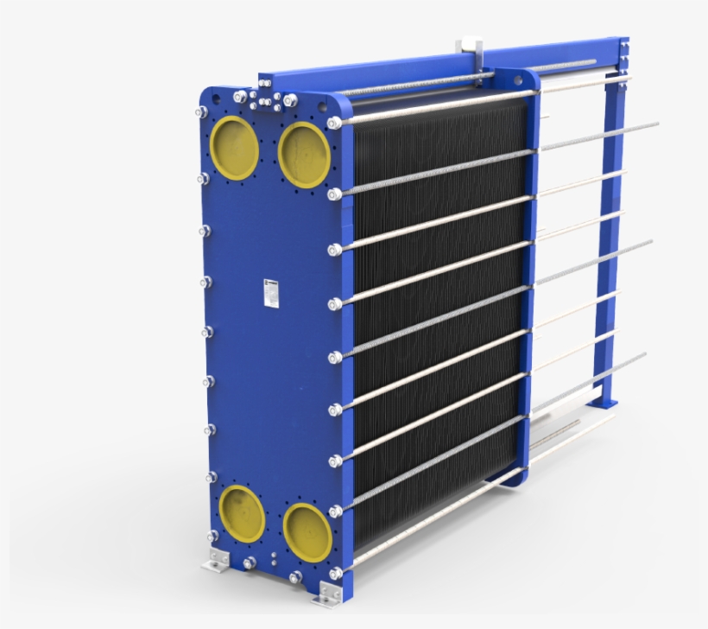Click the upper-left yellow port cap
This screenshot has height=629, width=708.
pos(234,146)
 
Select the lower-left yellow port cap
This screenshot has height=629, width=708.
pos(241,514)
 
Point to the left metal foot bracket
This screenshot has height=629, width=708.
pos(215,564)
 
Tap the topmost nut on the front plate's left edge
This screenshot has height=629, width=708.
pos(199,113)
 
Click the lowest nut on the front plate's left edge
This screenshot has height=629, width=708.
pos(211,536)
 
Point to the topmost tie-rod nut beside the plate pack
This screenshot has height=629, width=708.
pos(335,122)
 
